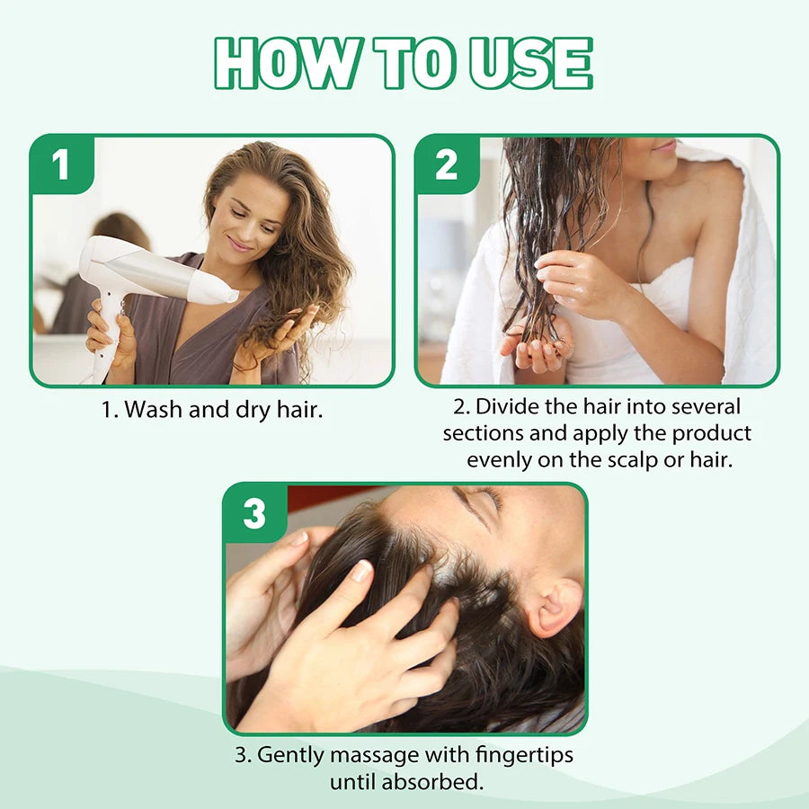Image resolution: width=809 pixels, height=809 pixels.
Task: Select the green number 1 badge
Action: point(61,165)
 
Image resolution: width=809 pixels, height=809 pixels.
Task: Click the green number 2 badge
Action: point(447,165)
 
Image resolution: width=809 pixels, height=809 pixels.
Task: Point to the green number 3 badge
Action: point(254,514)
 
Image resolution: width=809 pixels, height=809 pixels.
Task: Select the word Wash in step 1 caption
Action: point(154,410)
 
